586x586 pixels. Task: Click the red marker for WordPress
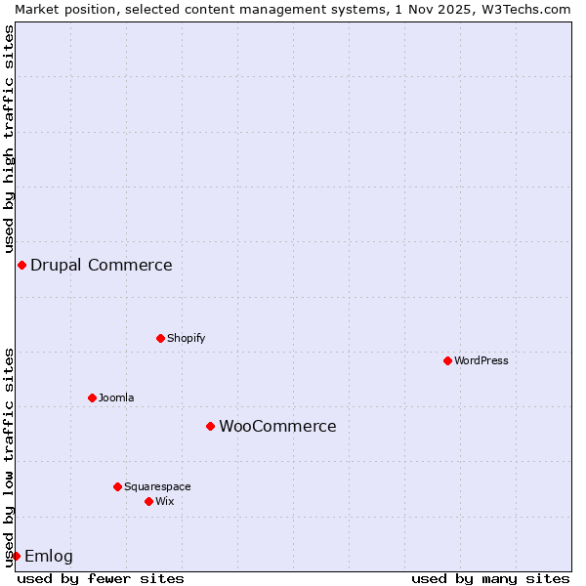[447, 360]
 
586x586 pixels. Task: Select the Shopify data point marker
[160, 338]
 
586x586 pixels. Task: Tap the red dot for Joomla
[92, 398]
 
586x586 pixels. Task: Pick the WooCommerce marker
[210, 426]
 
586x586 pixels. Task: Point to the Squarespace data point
[117, 486]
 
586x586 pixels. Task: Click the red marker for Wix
[148, 501]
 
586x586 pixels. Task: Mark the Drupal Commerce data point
[21, 265]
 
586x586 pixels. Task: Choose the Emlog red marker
[16, 556]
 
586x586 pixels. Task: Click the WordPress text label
[481, 360]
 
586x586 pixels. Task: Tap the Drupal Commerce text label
[102, 265]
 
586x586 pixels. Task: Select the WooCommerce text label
[277, 426]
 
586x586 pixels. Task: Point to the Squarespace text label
[157, 486]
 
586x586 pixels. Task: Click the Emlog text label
[49, 556]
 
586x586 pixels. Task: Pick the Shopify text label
[186, 338]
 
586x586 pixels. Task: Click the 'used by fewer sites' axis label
[101, 578]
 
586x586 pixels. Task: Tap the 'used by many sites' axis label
[490, 578]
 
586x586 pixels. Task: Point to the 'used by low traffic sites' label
[9, 457]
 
